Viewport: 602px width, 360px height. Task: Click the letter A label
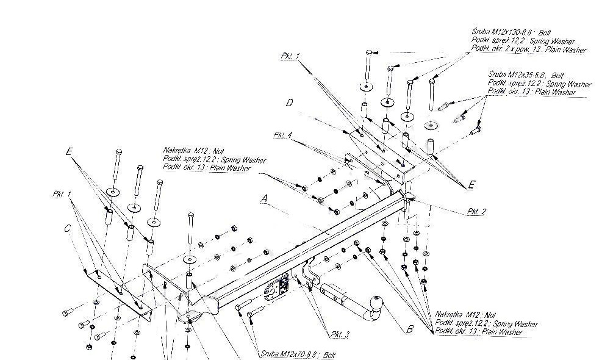point(263,198)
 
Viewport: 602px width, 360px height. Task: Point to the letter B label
point(410,329)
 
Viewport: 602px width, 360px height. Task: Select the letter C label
point(68,229)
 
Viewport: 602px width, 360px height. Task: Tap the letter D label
point(290,104)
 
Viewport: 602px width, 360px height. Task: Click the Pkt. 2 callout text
point(476,212)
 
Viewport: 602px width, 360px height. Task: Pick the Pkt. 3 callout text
point(340,334)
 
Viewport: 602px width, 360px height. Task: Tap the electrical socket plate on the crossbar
point(278,287)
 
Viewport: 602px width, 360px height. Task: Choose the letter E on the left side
point(69,150)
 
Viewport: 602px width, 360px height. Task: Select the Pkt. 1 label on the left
point(62,194)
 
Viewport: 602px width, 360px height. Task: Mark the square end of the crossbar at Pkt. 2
point(409,199)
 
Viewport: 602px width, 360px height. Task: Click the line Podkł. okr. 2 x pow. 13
point(528,50)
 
